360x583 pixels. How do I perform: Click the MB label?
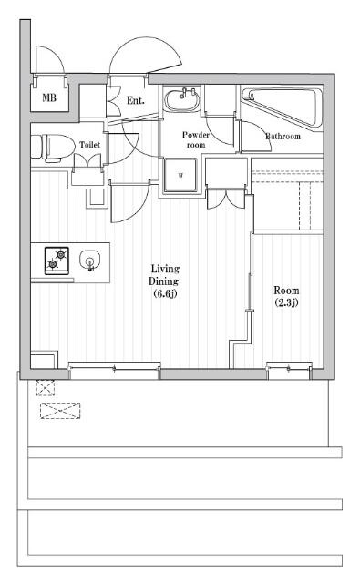click(49, 97)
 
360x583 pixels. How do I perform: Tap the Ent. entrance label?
click(136, 100)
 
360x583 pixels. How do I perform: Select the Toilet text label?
click(90, 144)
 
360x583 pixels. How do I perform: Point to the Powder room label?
click(196, 139)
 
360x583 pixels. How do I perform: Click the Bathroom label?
click(283, 137)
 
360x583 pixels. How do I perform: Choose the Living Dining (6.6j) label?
click(164, 281)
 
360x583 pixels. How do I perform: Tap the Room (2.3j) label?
click(286, 296)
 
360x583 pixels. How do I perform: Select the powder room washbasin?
click(182, 99)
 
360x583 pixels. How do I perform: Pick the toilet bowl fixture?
click(52, 148)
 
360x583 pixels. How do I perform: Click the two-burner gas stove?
click(57, 261)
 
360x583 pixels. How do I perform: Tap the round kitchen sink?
click(90, 261)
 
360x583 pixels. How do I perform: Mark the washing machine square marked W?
click(180, 175)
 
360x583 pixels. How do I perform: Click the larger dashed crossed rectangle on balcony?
click(60, 411)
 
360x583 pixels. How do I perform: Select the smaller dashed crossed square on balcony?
click(45, 388)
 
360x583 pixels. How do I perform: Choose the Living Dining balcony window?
click(115, 371)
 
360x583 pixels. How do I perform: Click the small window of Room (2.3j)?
click(289, 371)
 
